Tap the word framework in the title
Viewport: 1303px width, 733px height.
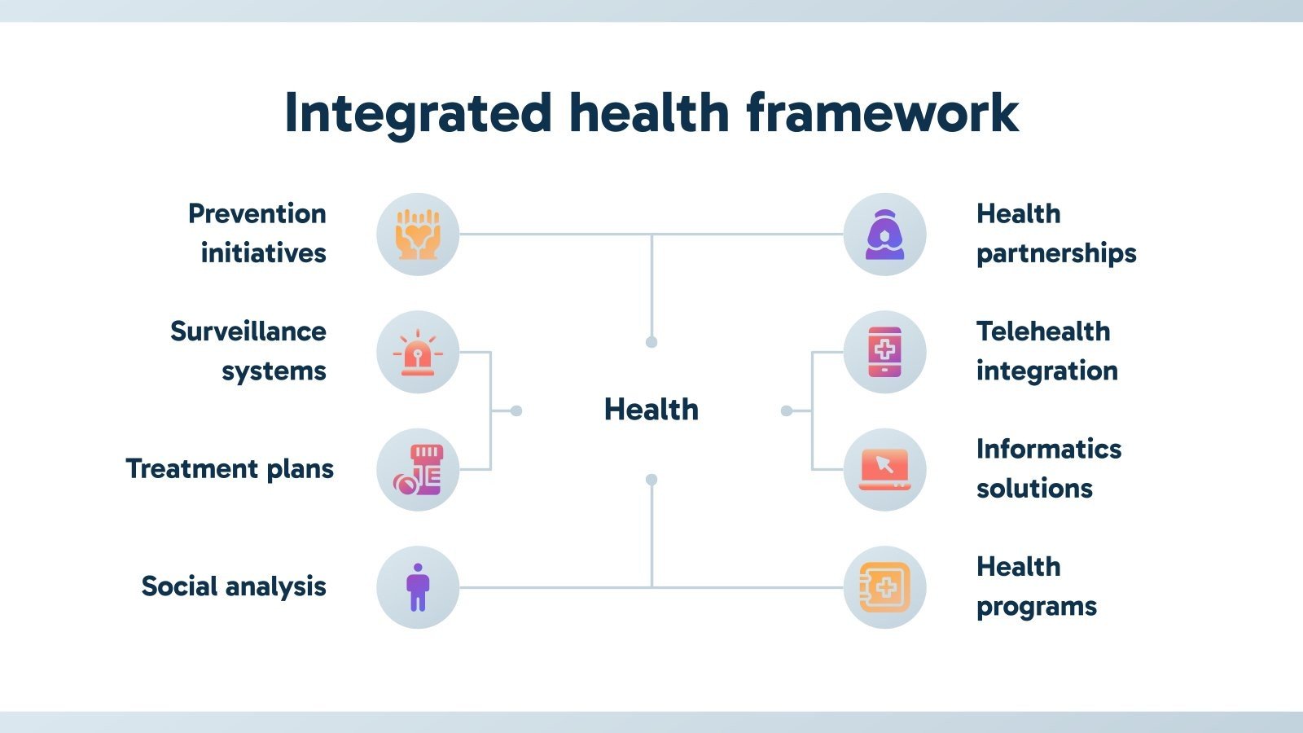pos(882,112)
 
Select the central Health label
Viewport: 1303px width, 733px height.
pos(651,410)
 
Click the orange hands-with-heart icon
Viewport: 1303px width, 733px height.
pos(418,235)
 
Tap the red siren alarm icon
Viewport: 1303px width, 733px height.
pos(418,353)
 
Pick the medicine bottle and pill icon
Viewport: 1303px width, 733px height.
pos(418,470)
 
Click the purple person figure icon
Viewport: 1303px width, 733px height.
pos(418,587)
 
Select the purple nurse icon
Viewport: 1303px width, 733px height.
pos(884,235)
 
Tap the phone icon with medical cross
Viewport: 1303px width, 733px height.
pos(884,353)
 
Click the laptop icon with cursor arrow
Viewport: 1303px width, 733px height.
pos(884,470)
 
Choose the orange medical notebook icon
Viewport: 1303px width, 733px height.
pos(884,587)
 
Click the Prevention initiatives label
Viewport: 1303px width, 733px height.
pos(257,233)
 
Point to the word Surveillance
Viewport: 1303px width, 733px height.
pos(248,331)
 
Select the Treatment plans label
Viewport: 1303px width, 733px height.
pos(230,469)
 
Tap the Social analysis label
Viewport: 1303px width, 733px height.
pos(234,586)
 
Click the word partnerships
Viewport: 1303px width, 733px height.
pos(1056,254)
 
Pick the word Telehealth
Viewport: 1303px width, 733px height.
pos(1043,331)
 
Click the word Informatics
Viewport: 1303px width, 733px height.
pos(1049,449)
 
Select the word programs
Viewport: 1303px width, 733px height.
pos(1037,607)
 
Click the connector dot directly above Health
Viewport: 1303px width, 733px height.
pos(651,342)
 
